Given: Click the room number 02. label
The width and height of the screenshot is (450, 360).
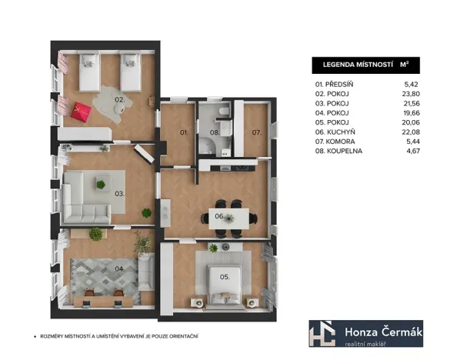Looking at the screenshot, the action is (x=120, y=100).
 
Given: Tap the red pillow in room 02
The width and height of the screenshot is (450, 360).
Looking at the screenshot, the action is (x=82, y=112).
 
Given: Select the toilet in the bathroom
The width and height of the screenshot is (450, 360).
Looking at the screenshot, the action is (x=224, y=111).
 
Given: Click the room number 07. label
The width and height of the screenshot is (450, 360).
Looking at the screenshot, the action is (x=257, y=132).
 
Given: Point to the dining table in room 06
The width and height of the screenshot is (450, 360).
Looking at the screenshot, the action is (x=229, y=218).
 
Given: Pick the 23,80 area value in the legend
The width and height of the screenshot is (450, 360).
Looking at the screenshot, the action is (x=411, y=94).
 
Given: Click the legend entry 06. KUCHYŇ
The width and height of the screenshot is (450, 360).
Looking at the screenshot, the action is (x=335, y=132).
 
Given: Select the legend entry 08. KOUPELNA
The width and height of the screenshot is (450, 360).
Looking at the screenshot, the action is (x=338, y=151).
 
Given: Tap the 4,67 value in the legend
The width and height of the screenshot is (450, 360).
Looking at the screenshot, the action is (x=413, y=151).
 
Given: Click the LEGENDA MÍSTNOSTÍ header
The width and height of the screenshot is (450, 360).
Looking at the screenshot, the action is (x=358, y=65).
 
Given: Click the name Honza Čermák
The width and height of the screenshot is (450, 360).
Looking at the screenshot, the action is (x=383, y=332).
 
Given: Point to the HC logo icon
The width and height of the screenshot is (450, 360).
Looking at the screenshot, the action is (x=322, y=334).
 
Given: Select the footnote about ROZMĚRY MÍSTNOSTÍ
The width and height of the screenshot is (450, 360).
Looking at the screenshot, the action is (x=119, y=336).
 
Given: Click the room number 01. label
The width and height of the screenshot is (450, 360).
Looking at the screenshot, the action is (x=184, y=132).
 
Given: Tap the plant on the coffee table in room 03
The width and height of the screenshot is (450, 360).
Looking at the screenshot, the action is (x=101, y=184).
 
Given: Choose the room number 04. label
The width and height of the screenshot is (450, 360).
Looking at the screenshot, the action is (x=120, y=269).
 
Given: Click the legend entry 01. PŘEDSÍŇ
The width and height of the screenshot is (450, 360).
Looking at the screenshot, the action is (x=334, y=85).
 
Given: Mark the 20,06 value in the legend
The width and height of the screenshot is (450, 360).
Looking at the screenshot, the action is (x=411, y=122).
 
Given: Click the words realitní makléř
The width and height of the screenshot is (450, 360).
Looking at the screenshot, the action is (x=365, y=344).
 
